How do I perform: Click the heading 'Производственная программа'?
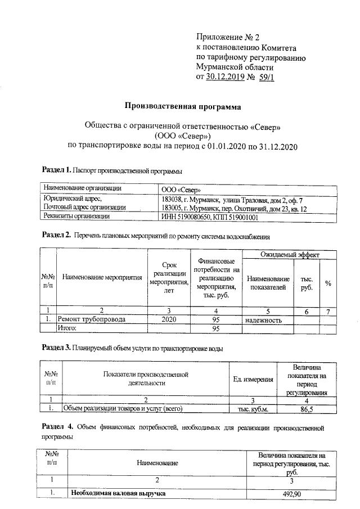[182, 106]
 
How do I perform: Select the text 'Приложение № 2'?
[228, 38]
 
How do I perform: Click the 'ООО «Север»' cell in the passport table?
[181, 189]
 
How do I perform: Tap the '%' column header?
[327, 283]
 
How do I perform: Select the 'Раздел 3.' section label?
[57, 348]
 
